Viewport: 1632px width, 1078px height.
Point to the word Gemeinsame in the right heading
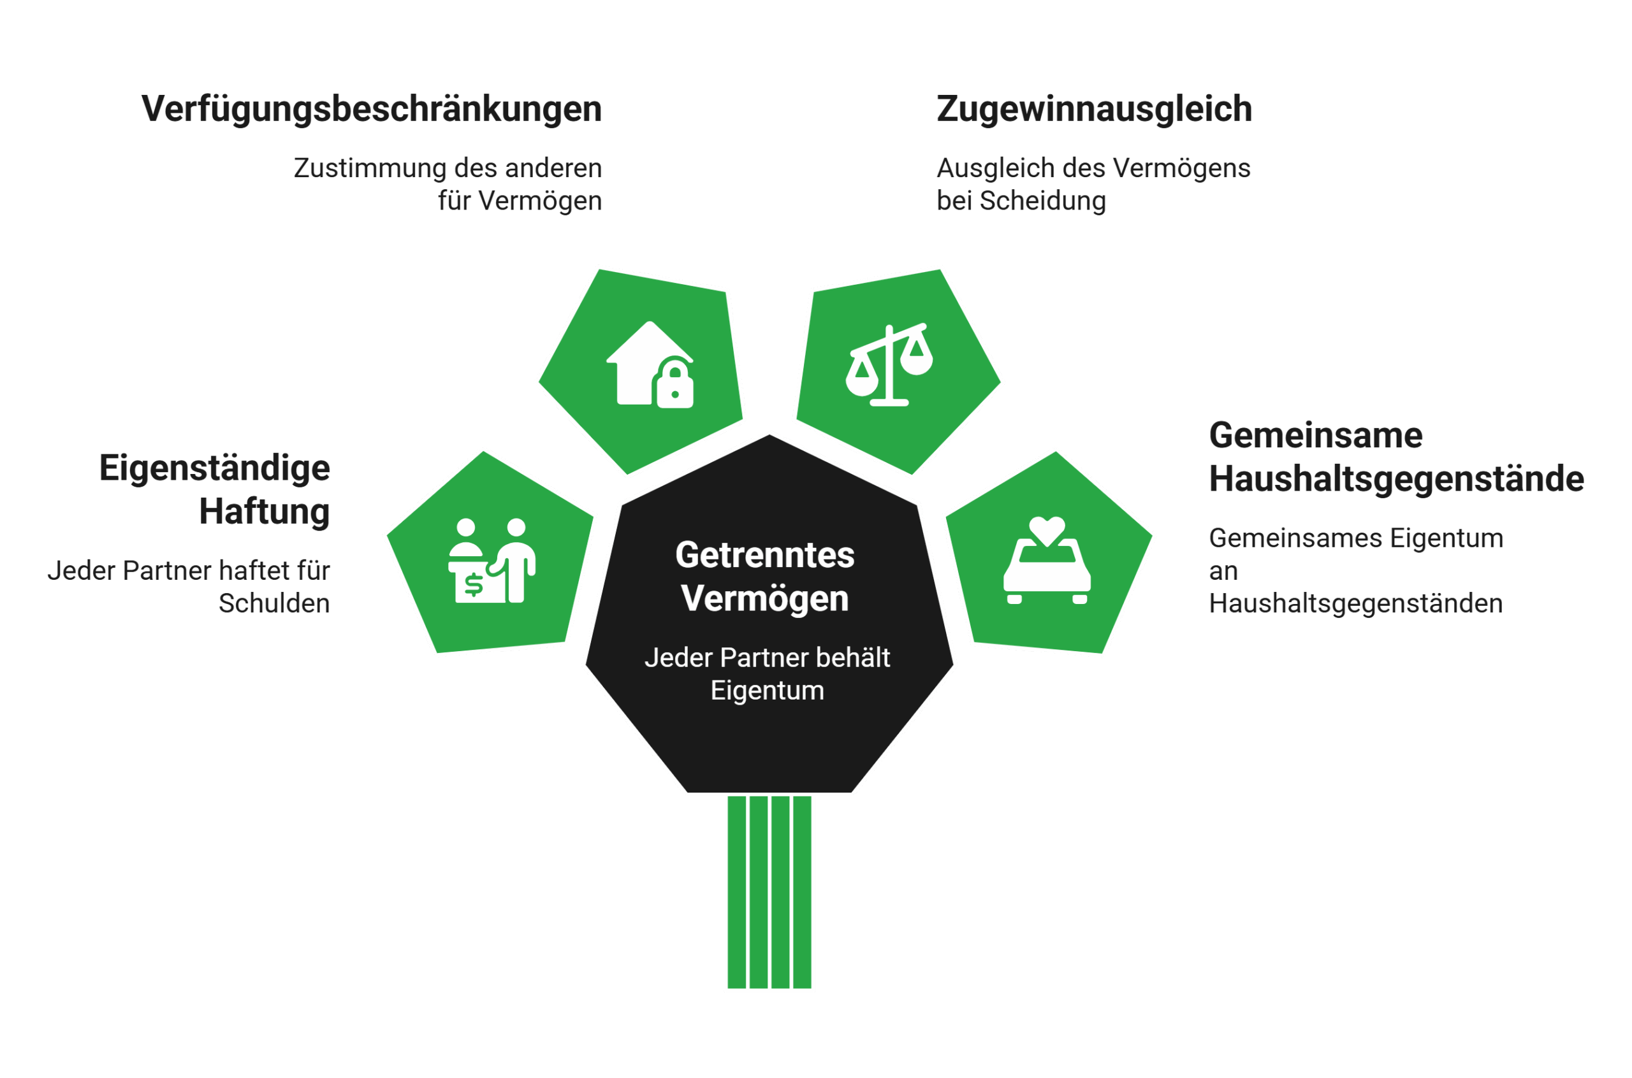click(x=1316, y=435)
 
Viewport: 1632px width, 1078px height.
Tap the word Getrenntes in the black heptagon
click(x=765, y=555)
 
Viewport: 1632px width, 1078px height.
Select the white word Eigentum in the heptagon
click(x=768, y=690)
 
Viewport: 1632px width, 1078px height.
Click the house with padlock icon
click(x=650, y=365)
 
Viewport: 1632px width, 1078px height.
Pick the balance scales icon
click(x=889, y=364)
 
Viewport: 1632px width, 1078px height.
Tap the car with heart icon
click(x=1047, y=560)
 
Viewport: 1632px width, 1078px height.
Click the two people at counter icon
click(x=492, y=560)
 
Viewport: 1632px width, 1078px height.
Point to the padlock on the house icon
click(x=674, y=385)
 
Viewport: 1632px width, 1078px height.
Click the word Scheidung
click(x=1042, y=201)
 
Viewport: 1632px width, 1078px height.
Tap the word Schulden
click(x=274, y=603)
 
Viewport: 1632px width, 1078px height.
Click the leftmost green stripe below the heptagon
click(x=736, y=893)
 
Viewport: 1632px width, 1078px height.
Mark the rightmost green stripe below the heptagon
click(x=802, y=893)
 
